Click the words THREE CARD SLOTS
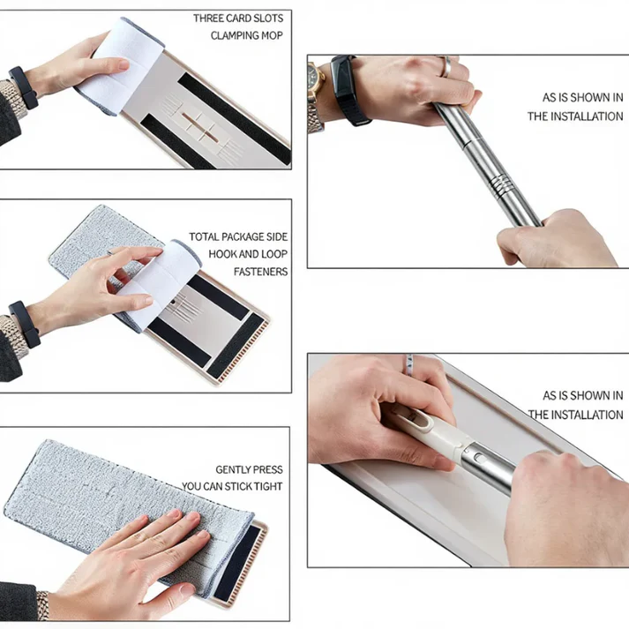pos(238,19)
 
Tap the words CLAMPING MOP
pos(247,35)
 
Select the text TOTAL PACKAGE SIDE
pos(238,236)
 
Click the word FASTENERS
pos(261,272)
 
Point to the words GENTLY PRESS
pos(249,469)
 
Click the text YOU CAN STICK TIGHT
pos(232,487)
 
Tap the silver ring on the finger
pos(446,66)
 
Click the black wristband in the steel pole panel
pos(348,90)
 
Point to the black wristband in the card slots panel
pos(24,88)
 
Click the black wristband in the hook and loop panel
pos(25,324)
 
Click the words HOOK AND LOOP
pos(248,254)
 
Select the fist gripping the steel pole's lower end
pos(556,239)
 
